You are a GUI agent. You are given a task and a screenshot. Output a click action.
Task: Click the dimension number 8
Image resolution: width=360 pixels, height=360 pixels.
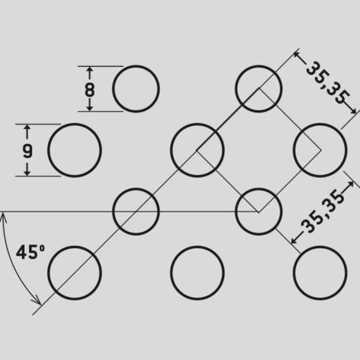[x=90, y=89]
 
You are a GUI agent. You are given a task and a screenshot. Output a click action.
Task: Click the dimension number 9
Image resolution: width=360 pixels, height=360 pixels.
[x=28, y=151]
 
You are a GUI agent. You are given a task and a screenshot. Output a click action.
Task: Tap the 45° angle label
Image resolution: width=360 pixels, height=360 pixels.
[x=31, y=252]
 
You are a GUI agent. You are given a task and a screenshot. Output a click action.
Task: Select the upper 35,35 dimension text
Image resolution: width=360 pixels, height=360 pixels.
[x=328, y=82]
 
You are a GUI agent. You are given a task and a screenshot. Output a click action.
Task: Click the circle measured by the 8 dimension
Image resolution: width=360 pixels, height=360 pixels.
[x=136, y=67]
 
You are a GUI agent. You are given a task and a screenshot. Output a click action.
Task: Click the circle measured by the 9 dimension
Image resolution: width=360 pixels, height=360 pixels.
[x=74, y=124]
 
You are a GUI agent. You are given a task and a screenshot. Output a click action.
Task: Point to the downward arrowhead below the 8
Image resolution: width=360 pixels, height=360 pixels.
[x=90, y=108]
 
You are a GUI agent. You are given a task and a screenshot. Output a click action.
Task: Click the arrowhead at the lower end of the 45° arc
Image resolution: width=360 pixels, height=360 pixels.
[x=38, y=301]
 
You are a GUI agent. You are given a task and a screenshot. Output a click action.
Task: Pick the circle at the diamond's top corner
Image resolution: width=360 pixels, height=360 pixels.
[x=259, y=67]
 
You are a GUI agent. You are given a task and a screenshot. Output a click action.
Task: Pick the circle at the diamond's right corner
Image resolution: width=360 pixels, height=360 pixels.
[x=320, y=124]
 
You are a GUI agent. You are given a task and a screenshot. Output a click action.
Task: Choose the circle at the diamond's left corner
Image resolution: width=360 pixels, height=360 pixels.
[x=197, y=124]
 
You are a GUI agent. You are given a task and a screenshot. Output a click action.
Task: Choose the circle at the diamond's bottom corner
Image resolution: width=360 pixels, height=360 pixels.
[x=259, y=190]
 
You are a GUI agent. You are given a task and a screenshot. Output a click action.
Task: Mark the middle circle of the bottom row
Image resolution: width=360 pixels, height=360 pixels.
[x=197, y=247]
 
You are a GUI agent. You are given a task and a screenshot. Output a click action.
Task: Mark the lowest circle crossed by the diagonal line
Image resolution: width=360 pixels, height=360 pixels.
[x=74, y=247]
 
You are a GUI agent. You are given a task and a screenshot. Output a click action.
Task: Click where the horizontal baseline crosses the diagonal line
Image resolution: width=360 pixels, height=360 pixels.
[x=135, y=211]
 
